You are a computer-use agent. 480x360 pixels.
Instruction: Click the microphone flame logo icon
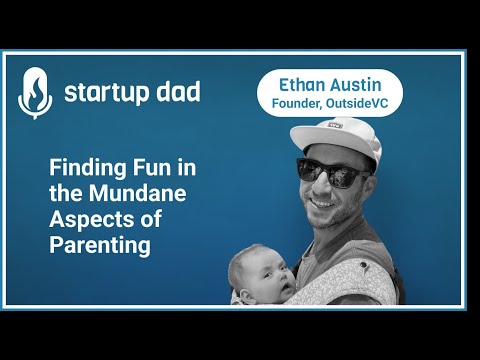pyautogui.click(x=35, y=92)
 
